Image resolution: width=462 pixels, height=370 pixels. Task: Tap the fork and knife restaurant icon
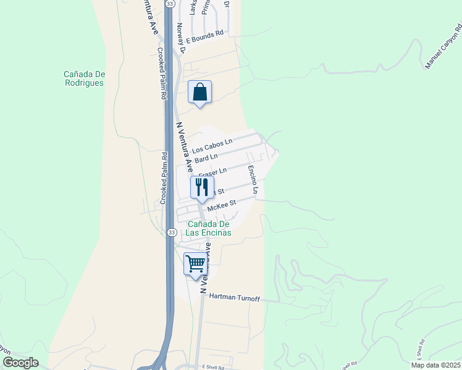(x=202, y=187)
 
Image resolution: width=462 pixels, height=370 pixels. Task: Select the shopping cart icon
(x=195, y=264)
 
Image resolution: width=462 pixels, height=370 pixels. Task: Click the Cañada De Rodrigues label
(x=84, y=78)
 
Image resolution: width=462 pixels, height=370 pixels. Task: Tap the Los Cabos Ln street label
(x=212, y=146)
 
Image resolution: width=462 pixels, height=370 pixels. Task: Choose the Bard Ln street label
(x=206, y=159)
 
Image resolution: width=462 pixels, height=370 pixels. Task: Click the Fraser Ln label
(x=213, y=171)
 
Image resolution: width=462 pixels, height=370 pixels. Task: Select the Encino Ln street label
(x=253, y=179)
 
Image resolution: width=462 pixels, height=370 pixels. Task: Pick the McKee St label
(x=222, y=205)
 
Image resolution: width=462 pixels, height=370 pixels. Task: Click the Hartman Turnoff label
(x=234, y=298)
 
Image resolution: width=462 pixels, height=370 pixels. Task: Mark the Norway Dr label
(x=180, y=35)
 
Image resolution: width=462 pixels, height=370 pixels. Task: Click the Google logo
(x=20, y=363)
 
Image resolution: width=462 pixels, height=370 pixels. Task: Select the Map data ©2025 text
(x=435, y=365)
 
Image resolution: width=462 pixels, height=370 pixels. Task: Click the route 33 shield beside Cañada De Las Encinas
(x=171, y=232)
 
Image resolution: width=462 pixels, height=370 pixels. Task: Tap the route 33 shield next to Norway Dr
(x=169, y=3)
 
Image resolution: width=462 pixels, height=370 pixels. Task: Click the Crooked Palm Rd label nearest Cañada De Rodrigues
(x=162, y=74)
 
